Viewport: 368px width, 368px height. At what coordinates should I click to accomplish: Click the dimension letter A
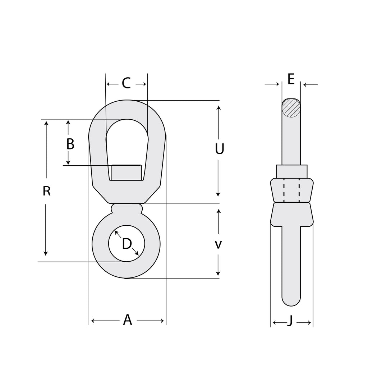(128, 320)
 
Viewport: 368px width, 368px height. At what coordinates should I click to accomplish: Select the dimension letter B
(70, 144)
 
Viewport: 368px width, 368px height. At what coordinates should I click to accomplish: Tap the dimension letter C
(126, 83)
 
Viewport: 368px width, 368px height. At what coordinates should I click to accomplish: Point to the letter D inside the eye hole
(126, 244)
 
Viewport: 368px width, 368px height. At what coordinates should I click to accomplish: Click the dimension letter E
(291, 79)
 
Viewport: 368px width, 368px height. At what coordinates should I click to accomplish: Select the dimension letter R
(46, 191)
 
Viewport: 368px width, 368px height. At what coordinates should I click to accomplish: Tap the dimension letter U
(219, 149)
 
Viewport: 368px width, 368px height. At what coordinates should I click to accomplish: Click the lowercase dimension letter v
(218, 245)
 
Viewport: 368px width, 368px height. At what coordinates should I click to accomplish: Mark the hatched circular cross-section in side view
(291, 108)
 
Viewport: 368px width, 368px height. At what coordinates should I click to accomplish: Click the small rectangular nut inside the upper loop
(126, 172)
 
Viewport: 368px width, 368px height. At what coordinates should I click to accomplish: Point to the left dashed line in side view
(284, 190)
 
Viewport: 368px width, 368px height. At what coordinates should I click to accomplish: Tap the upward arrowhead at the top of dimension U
(218, 108)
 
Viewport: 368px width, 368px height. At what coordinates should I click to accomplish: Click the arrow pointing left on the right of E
(305, 85)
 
